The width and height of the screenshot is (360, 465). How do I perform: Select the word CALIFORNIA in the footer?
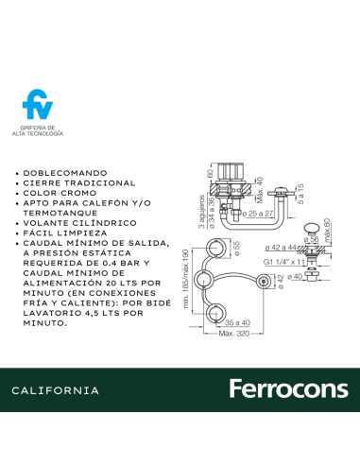coord(56,390)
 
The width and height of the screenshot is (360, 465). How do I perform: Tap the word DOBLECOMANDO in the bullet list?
coord(63,174)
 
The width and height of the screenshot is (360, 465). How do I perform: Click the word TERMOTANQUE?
coord(58,212)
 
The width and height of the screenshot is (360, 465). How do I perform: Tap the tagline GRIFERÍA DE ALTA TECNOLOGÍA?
coord(38,130)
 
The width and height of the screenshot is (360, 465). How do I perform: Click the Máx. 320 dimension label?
coord(232,334)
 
